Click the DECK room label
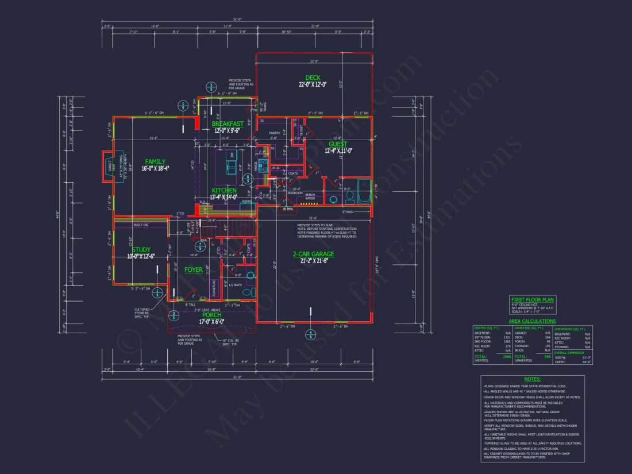[x=313, y=78]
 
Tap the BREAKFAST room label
[x=228, y=124]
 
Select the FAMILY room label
[x=155, y=162]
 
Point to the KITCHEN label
[x=224, y=190]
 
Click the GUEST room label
[x=338, y=144]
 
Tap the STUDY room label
[x=141, y=250]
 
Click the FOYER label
[x=193, y=269]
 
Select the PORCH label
[x=212, y=315]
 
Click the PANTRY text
[x=274, y=133]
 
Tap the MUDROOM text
[x=295, y=194]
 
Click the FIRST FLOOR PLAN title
[x=533, y=299]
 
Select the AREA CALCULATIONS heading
[x=532, y=321]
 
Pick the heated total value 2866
[x=507, y=357]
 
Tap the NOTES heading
[x=533, y=379]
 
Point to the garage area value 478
[x=547, y=333]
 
